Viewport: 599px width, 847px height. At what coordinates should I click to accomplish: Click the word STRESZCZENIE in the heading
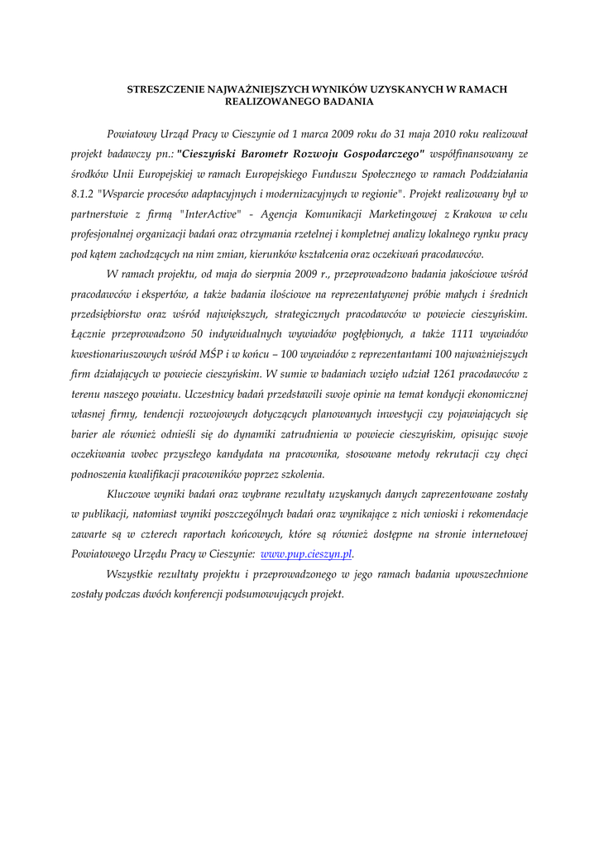[x=160, y=89]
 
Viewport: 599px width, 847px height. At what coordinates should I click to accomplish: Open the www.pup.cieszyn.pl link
[x=307, y=554]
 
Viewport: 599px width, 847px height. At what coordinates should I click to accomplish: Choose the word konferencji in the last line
[x=208, y=594]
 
